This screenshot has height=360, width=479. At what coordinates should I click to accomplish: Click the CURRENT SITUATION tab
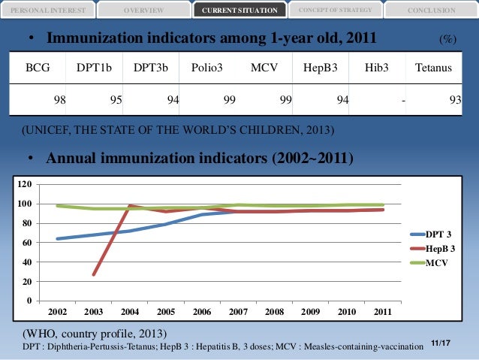(x=239, y=10)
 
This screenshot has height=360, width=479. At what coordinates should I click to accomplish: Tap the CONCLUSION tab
(x=431, y=10)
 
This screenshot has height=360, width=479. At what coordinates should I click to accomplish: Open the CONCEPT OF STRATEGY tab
(x=334, y=9)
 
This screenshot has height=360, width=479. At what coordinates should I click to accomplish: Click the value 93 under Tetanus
(x=455, y=98)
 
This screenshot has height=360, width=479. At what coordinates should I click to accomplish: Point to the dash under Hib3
(x=403, y=98)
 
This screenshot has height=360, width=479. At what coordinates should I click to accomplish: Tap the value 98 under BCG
(x=58, y=98)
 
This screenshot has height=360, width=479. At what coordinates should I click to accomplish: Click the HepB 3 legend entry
(x=440, y=248)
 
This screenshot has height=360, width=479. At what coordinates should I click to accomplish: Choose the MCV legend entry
(x=436, y=263)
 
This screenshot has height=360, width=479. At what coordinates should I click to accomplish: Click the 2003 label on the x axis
(x=95, y=310)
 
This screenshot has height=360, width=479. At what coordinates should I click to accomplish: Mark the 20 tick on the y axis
(x=28, y=282)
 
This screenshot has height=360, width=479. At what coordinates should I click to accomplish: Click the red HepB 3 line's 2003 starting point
(x=94, y=275)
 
